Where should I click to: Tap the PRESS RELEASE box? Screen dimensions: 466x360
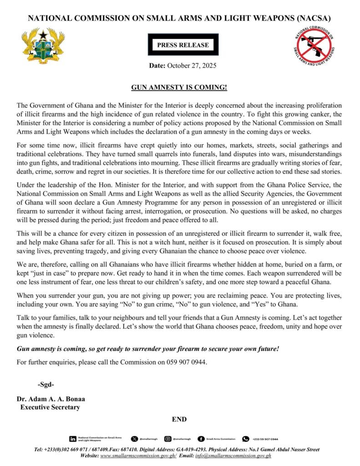[x=183, y=45]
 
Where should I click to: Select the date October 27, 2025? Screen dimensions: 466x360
[x=191, y=66]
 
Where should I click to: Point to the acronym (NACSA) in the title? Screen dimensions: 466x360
[x=310, y=19]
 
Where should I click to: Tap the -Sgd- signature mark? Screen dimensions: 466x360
[x=46, y=385]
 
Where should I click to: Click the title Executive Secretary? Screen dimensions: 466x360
[x=50, y=407]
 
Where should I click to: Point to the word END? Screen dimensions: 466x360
[x=179, y=419]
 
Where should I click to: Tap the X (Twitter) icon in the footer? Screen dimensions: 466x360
[x=134, y=439]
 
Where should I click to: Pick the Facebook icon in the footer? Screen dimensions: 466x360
[x=201, y=439]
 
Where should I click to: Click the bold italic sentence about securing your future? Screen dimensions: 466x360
[x=147, y=349]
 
